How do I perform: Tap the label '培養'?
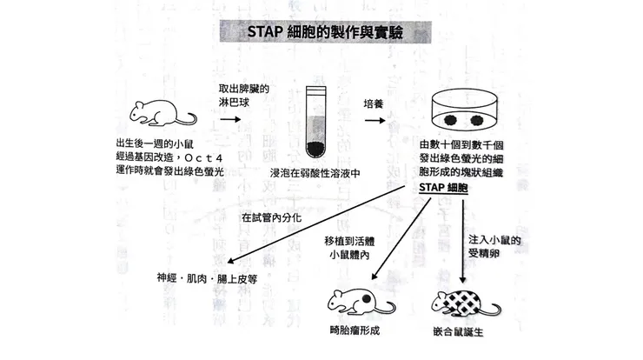(375, 103)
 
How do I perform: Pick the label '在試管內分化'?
(271, 217)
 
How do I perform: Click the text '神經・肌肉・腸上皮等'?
(208, 279)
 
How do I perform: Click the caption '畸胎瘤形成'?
(355, 333)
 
